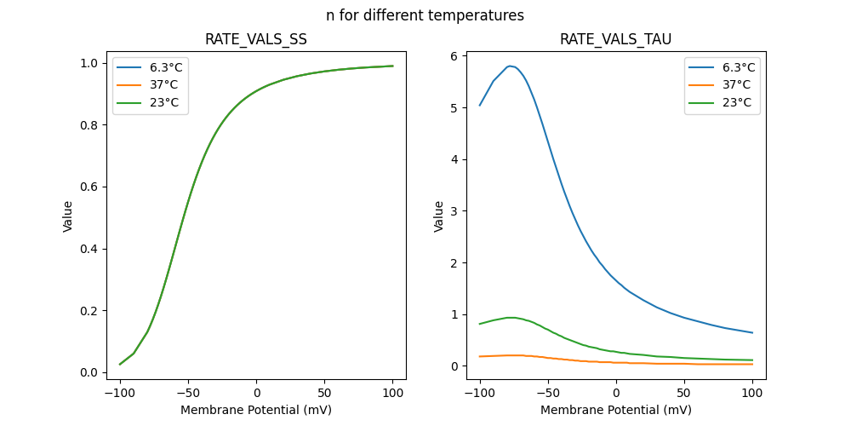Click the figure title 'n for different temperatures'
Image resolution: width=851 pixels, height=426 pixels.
[x=425, y=15]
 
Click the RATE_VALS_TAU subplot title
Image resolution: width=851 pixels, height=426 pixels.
[x=615, y=39]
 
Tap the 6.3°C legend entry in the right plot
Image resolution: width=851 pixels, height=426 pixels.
[x=736, y=67]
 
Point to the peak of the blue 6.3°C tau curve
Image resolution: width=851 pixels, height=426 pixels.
[x=510, y=66]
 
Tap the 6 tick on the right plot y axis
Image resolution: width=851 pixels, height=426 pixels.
[x=460, y=56]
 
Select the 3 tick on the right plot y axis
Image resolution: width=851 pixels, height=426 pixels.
[x=460, y=211]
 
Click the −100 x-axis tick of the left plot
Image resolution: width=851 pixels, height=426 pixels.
[x=120, y=392]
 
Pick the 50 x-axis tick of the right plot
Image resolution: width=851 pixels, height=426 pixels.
[x=684, y=392]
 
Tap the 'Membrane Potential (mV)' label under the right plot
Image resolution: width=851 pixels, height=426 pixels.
[x=615, y=410]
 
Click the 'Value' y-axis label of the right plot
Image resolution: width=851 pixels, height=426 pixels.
[x=439, y=216]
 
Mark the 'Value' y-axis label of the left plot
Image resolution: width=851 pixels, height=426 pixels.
[x=68, y=216]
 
